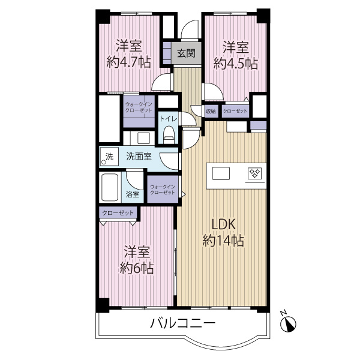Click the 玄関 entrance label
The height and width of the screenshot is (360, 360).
coord(186,53)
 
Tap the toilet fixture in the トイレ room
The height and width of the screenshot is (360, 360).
coord(169,135)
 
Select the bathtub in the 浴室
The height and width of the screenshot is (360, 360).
coord(110,187)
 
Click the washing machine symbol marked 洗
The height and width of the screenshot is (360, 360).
coord(109,157)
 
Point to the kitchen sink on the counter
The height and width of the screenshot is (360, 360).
coord(221,173)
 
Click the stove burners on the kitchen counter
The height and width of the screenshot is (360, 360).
coord(254,173)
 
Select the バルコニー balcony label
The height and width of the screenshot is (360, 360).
coord(183,323)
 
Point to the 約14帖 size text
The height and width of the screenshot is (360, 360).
coord(223,241)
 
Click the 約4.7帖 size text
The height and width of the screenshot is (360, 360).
coord(129,62)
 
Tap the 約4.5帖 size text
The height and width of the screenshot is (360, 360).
coord(236,64)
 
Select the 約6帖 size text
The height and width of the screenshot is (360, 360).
coord(137,268)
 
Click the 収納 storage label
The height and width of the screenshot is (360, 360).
coord(211,112)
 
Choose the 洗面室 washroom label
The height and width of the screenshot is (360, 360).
coord(139,157)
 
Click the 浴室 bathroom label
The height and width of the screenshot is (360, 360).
coord(133,194)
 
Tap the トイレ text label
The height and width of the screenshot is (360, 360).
coord(169,119)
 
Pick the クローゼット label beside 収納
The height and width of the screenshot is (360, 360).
coord(235,112)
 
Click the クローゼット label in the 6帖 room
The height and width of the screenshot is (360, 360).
coord(118,213)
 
